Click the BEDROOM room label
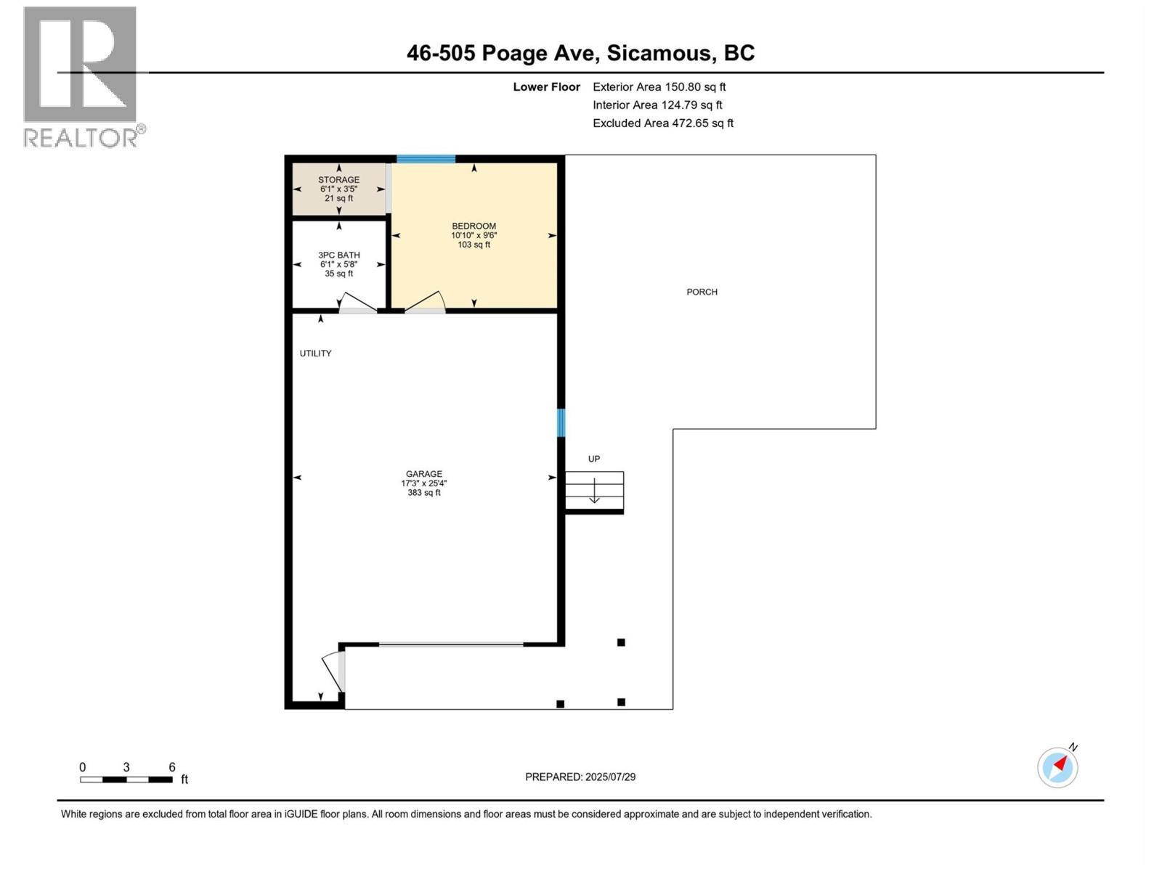(x=474, y=226)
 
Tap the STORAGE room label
(x=338, y=180)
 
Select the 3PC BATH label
(x=338, y=255)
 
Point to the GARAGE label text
(x=423, y=474)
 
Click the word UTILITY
(x=315, y=353)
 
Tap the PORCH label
(x=702, y=292)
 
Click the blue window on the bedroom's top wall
(x=426, y=159)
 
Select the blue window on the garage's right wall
(x=561, y=423)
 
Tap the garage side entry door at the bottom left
(x=334, y=671)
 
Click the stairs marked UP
(x=594, y=490)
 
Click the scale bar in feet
(x=126, y=779)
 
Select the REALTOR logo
(x=81, y=76)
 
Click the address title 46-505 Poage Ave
(x=580, y=53)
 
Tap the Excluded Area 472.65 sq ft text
(x=662, y=123)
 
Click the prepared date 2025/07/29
(x=580, y=777)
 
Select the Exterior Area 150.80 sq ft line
(x=659, y=87)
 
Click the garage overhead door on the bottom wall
(x=450, y=644)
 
